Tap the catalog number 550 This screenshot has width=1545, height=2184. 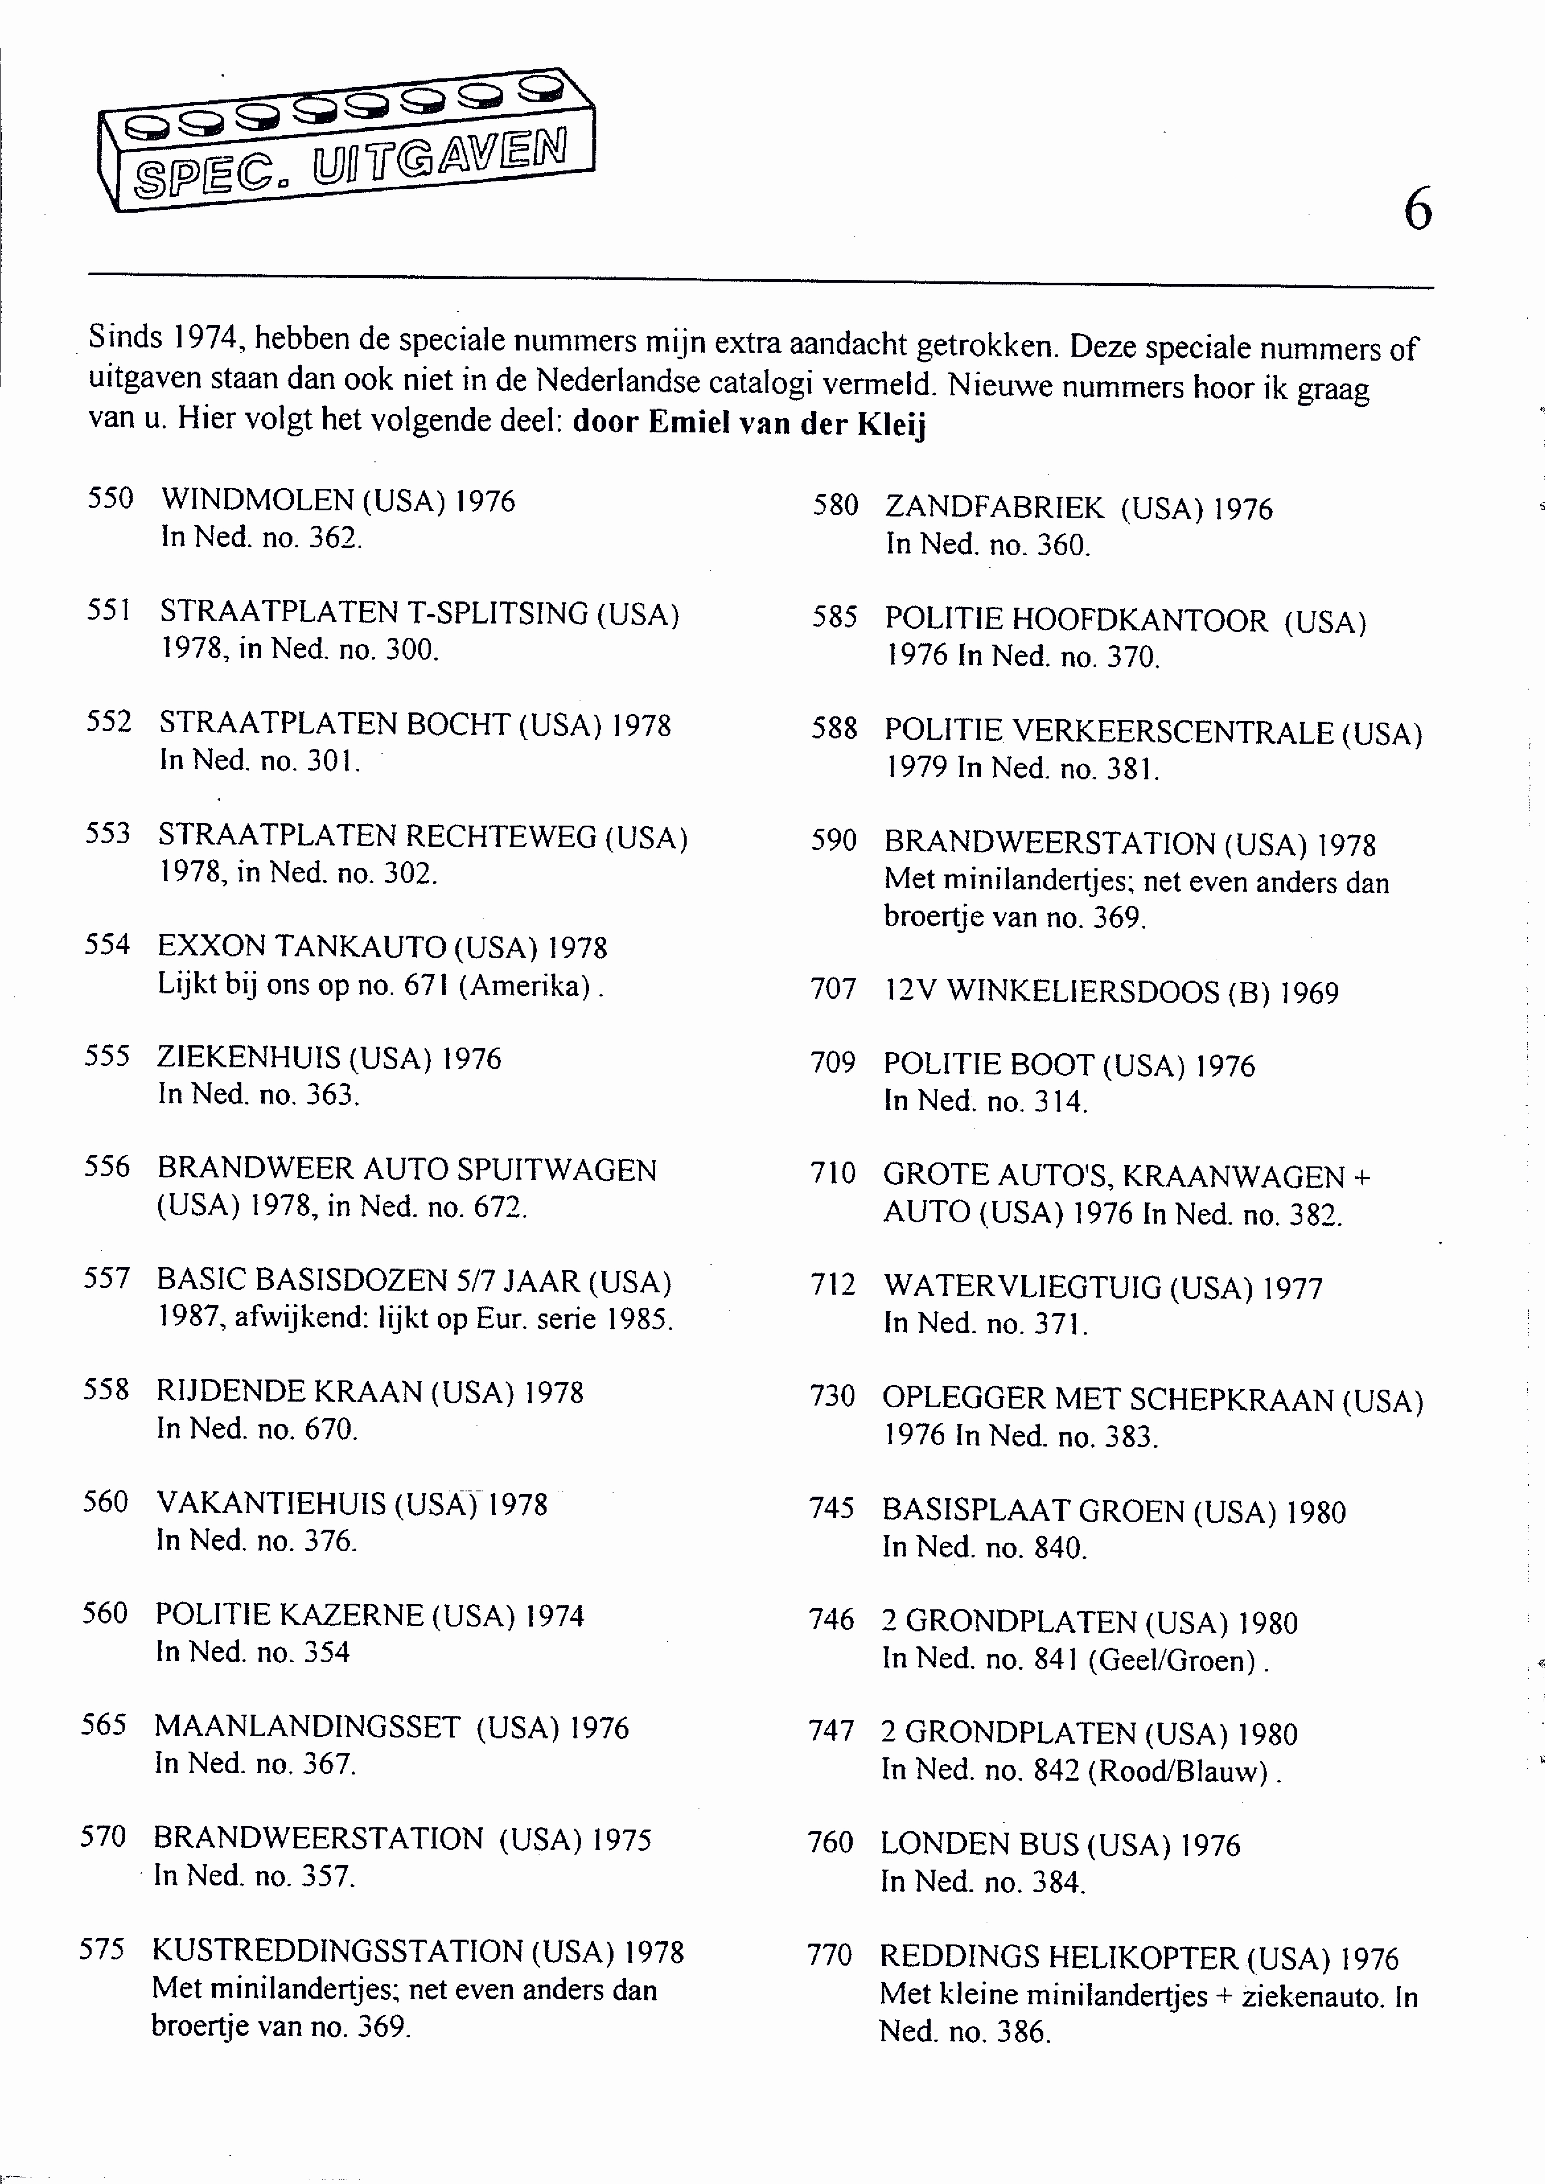pyautogui.click(x=111, y=498)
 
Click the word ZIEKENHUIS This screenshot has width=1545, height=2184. pyautogui.click(x=248, y=1058)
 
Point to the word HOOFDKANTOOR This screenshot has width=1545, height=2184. pyautogui.click(x=1139, y=620)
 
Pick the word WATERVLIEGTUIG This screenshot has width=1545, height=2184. pyautogui.click(x=1022, y=1287)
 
